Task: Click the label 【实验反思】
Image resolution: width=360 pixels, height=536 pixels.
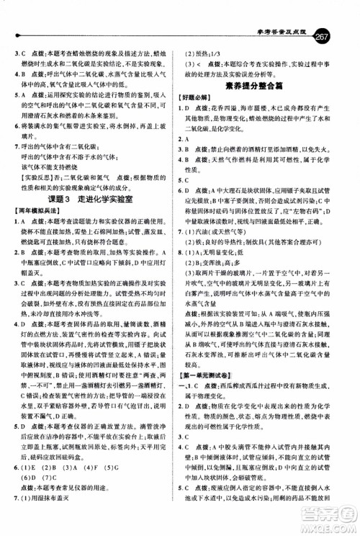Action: coord(30,175)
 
